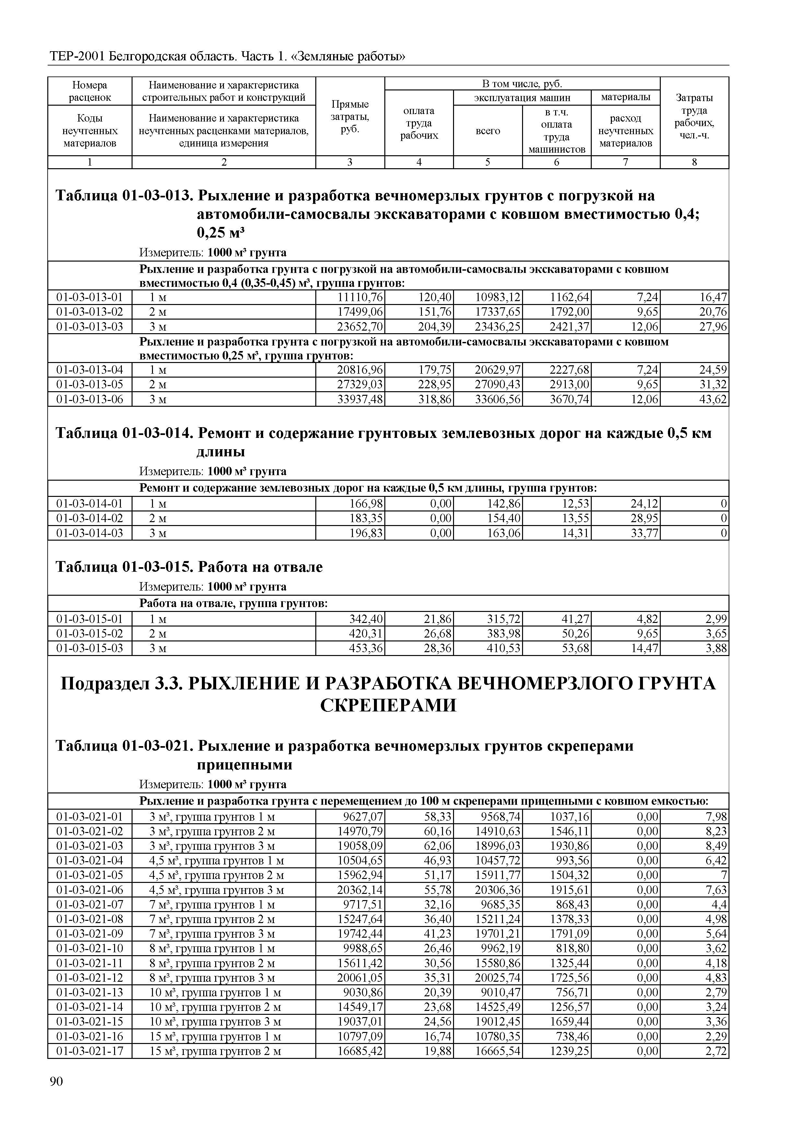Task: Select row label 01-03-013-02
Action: pos(90,312)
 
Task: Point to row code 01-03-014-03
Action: pos(90,533)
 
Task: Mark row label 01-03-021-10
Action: pos(90,949)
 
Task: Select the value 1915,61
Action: pos(569,890)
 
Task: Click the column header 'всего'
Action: pos(488,131)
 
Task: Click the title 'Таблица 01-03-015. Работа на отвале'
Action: pos(189,567)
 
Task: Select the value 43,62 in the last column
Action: pos(713,399)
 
